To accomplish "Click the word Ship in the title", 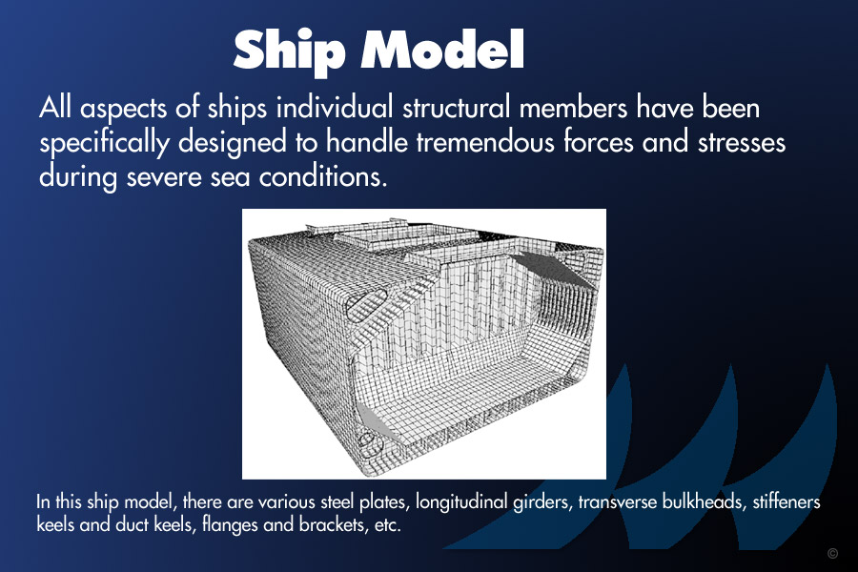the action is click(289, 51).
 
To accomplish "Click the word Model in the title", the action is click(442, 49).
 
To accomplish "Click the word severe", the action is click(164, 178).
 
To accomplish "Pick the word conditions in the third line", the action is click(323, 176).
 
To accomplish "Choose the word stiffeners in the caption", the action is click(786, 502).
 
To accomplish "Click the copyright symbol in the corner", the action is click(832, 553).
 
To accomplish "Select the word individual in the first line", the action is click(335, 108).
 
